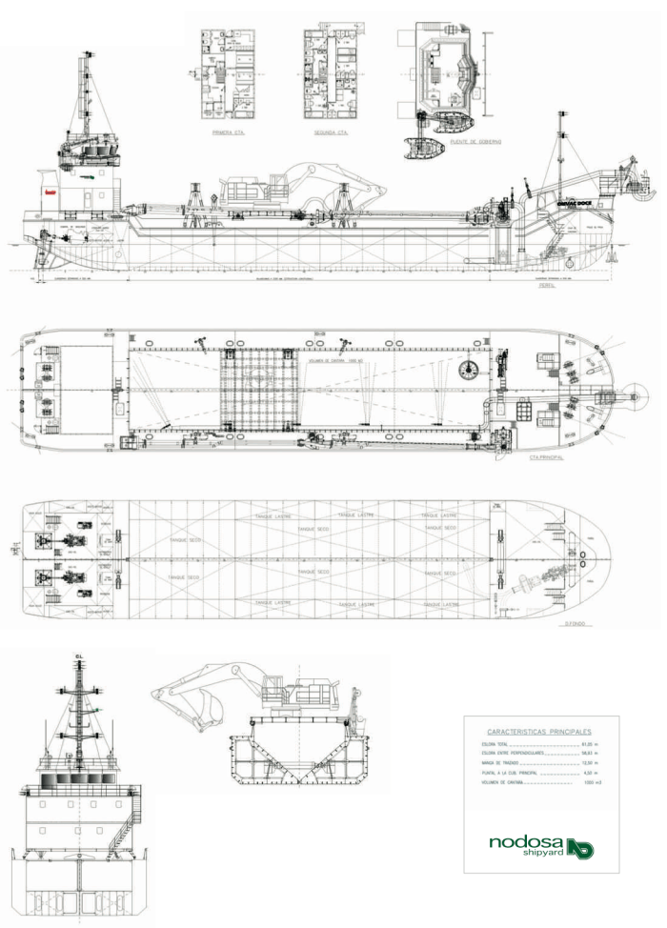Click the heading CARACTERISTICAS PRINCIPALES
point(540,729)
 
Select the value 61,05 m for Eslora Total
point(588,742)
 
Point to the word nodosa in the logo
point(526,842)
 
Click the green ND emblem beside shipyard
point(580,847)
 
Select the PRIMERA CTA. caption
point(229,133)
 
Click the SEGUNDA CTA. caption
point(330,133)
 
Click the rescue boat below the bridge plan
point(426,150)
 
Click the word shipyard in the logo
point(542,854)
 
